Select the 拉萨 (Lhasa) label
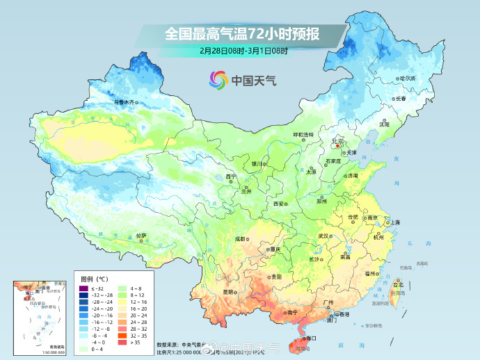click(x=141, y=236)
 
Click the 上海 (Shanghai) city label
click(x=394, y=222)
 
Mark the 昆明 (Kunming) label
click(x=228, y=291)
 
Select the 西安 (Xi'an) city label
click(x=280, y=204)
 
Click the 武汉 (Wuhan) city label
click(x=323, y=236)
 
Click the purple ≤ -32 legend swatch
click(x=82, y=288)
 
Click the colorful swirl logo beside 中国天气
click(x=218, y=81)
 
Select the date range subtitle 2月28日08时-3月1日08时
click(x=243, y=51)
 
